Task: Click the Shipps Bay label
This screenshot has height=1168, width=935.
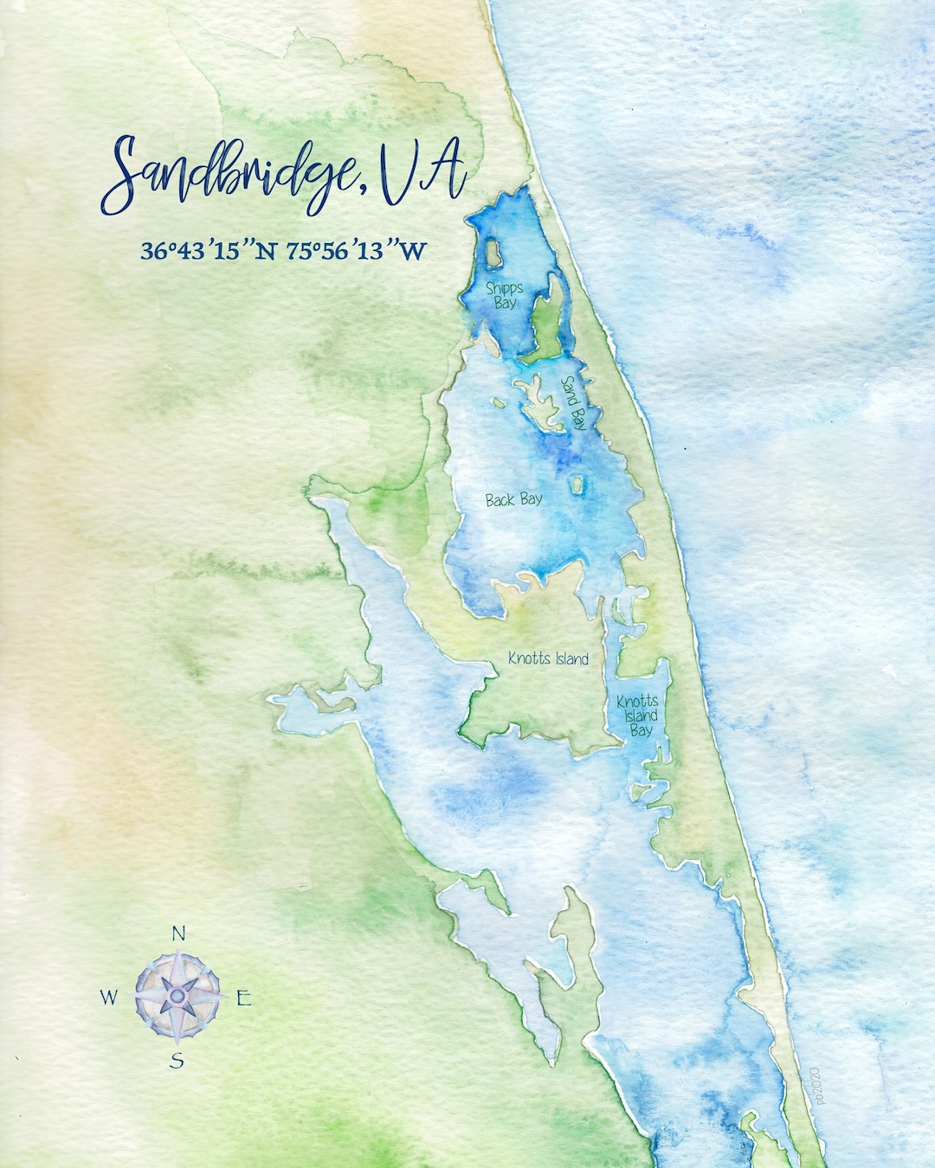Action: (504, 295)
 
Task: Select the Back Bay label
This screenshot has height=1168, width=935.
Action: (513, 499)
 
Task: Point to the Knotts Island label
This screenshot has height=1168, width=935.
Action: (548, 658)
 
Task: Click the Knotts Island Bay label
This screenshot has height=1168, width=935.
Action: (638, 715)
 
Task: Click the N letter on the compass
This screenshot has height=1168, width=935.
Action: (178, 933)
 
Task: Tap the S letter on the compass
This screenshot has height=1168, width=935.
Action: (177, 1061)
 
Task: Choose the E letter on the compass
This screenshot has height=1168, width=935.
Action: (244, 998)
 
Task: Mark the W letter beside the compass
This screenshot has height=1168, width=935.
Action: (108, 998)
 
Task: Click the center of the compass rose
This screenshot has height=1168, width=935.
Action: (177, 997)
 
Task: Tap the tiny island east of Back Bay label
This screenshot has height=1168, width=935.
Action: (577, 485)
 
